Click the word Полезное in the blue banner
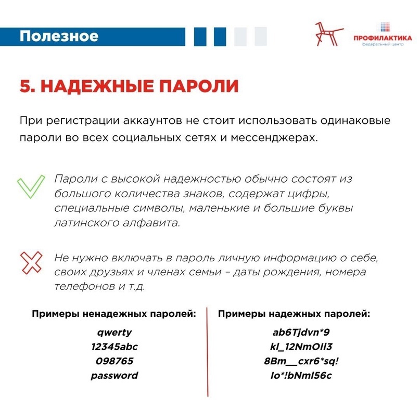[x=59, y=36]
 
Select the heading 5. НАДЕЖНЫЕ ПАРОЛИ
[x=129, y=86]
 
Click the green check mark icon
[x=31, y=186]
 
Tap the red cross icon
[x=31, y=263]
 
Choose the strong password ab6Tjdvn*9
[x=294, y=332]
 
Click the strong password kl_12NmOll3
[x=294, y=347]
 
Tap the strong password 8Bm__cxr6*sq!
[x=294, y=361]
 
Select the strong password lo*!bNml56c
[x=294, y=375]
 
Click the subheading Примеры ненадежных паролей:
[x=114, y=314]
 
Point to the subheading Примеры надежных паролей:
[x=294, y=314]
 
